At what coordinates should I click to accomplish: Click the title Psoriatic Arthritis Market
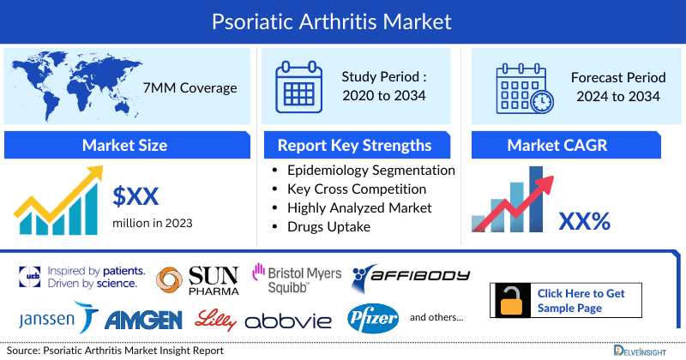[342, 20]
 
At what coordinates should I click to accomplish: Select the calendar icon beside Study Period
[300, 86]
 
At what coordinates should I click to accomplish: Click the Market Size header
[124, 145]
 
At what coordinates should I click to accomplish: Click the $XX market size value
[136, 196]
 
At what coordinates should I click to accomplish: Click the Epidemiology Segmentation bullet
[370, 171]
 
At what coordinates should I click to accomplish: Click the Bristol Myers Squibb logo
[296, 279]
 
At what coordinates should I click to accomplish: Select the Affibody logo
[412, 276]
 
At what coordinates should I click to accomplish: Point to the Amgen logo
[143, 320]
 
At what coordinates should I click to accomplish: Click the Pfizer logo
[373, 319]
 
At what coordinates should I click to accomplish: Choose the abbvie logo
[290, 321]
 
